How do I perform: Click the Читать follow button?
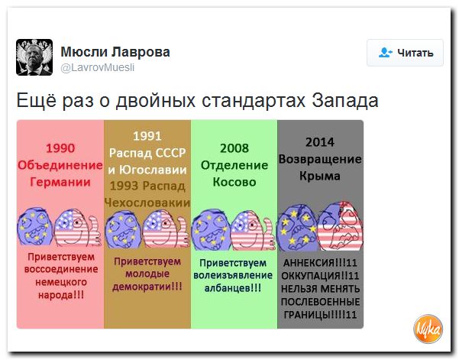[x=405, y=53]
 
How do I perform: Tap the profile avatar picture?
[x=34, y=57]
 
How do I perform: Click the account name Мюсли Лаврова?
[x=115, y=52]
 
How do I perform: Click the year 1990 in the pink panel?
[x=60, y=148]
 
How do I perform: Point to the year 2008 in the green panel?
[x=234, y=148]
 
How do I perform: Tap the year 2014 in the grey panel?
[x=320, y=141]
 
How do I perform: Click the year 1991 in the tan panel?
[x=147, y=137]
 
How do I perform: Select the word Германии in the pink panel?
[x=60, y=183]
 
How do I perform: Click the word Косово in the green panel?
[x=234, y=183]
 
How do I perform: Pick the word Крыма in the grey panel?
[x=320, y=176]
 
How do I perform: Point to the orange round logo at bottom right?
[x=428, y=328]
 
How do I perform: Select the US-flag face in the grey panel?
[x=338, y=226]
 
